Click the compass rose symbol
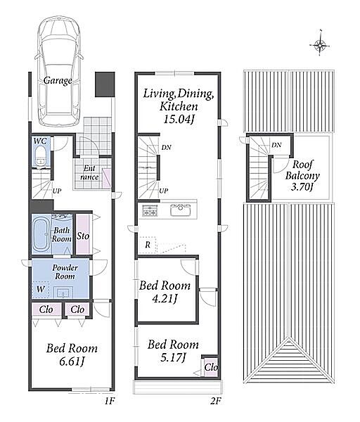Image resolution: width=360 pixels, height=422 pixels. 320,45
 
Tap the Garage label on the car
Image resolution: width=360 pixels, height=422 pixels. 58,80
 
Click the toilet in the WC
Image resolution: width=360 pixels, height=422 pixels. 41,156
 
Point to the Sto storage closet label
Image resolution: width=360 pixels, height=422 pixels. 83,236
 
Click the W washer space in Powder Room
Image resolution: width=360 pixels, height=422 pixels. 41,289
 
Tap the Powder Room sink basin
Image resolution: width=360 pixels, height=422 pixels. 63,292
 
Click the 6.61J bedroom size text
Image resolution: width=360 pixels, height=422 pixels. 72,362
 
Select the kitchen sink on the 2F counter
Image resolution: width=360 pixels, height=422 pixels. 180,210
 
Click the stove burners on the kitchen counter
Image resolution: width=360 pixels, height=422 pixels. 150,210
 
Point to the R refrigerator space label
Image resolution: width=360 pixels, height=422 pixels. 148,245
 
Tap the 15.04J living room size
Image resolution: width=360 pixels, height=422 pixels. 179,119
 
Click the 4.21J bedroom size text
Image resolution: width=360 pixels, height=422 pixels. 165,298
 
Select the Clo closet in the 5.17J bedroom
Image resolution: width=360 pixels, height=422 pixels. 210,367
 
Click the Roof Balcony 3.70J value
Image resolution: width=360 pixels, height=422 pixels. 302,186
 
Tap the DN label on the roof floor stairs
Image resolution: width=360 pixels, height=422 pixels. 276,145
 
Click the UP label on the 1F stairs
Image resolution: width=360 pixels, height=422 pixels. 57,191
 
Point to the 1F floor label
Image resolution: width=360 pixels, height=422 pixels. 110,402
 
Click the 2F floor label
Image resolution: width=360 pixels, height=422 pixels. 216,402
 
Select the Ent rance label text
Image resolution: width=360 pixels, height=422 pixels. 89,173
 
